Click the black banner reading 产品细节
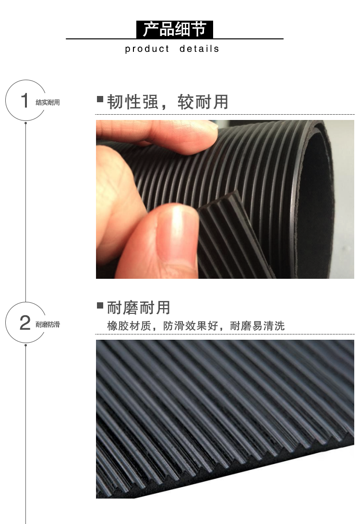point(175,29)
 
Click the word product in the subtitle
point(147,49)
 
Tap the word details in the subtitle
point(199,49)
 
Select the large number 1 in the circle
point(24,100)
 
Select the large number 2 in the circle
point(25,322)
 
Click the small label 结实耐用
point(48,102)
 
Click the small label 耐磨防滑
point(48,324)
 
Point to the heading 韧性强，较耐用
point(168,102)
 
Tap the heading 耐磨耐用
point(139,308)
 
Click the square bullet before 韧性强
point(100,99)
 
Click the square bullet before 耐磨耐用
point(100,305)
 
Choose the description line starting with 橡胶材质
point(196,326)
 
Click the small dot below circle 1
point(26,123)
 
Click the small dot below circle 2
point(26,345)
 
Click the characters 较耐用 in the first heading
point(203,102)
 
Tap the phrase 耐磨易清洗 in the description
point(257,326)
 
